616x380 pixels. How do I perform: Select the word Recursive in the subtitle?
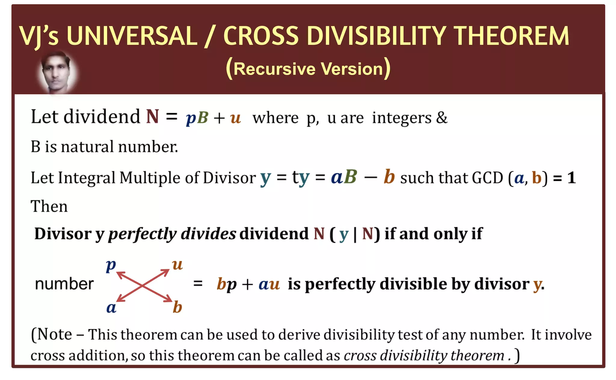pos(274,69)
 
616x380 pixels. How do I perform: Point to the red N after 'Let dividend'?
pos(152,117)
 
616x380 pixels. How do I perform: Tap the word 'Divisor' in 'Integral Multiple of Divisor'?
pos(229,178)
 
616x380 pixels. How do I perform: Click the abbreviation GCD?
pos(487,178)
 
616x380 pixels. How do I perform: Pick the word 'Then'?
pos(49,207)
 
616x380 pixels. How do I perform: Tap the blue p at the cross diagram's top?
pos(111,265)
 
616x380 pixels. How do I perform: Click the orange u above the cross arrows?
pos(177,265)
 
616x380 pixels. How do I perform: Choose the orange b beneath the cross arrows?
pos(177,307)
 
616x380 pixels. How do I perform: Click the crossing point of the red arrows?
pos(143,286)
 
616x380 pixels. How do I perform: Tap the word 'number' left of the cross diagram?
pos(64,284)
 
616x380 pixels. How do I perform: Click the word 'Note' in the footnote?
pos(54,335)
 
